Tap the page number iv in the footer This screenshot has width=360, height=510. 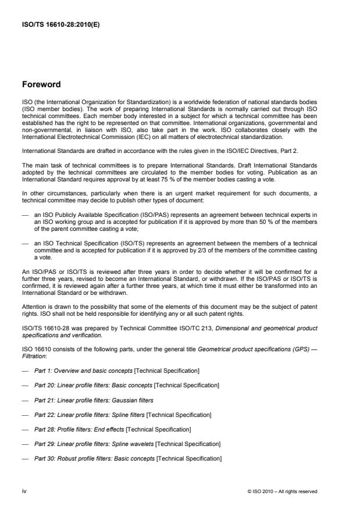[24, 491]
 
